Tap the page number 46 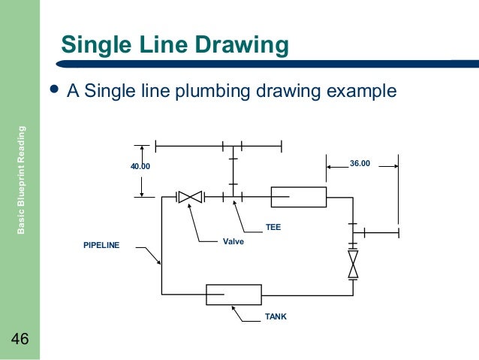pos(20,340)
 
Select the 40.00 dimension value pos(141,166)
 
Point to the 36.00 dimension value pos(360,162)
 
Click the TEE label pos(273,225)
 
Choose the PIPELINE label pos(101,245)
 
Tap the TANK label pos(276,318)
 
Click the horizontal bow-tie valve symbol pos(191,197)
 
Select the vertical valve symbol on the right pos(352,265)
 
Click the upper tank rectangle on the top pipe pos(298,197)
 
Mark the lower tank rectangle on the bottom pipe pos(233,295)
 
